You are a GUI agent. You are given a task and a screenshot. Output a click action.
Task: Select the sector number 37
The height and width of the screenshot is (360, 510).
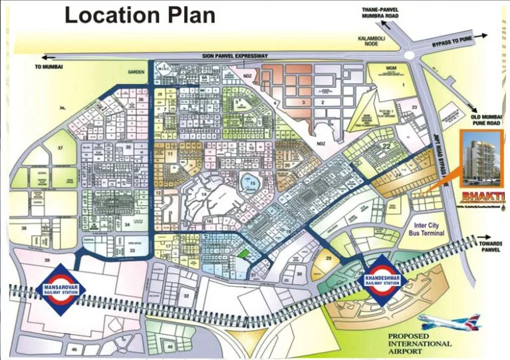60,147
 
